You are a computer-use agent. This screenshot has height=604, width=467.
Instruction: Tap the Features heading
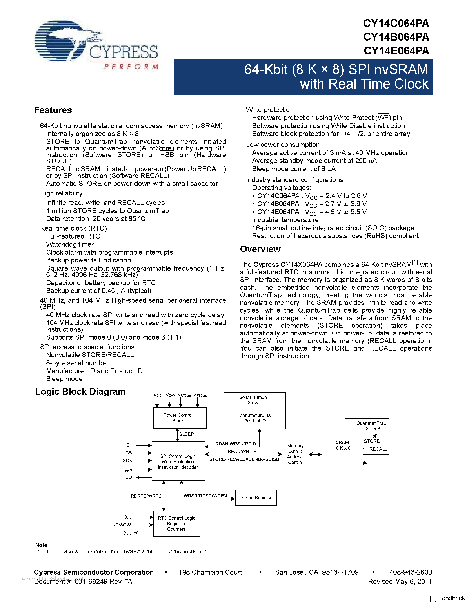[53, 110]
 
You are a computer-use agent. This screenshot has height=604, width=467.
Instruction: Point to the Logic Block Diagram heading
[80, 392]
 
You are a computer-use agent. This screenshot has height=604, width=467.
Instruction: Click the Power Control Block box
[180, 418]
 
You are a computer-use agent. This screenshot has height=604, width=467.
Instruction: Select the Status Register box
[256, 497]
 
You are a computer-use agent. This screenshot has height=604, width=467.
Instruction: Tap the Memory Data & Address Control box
[295, 454]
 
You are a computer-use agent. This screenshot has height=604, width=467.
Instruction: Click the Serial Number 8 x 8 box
[254, 400]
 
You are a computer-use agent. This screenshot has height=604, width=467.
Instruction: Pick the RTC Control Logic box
[176, 524]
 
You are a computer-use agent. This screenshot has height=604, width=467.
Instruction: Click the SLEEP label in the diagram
[186, 434]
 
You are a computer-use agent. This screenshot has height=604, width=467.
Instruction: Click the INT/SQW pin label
[121, 525]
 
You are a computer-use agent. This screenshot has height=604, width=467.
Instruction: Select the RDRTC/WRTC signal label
[146, 496]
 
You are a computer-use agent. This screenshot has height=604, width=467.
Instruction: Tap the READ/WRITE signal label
[242, 451]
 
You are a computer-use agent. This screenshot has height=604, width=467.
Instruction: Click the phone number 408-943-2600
[410, 572]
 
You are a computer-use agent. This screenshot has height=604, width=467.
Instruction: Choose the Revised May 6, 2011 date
[400, 581]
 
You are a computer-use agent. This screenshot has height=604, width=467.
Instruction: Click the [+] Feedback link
[447, 599]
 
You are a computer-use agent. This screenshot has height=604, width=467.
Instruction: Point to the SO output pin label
[129, 477]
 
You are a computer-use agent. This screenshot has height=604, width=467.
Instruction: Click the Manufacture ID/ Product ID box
[255, 418]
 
